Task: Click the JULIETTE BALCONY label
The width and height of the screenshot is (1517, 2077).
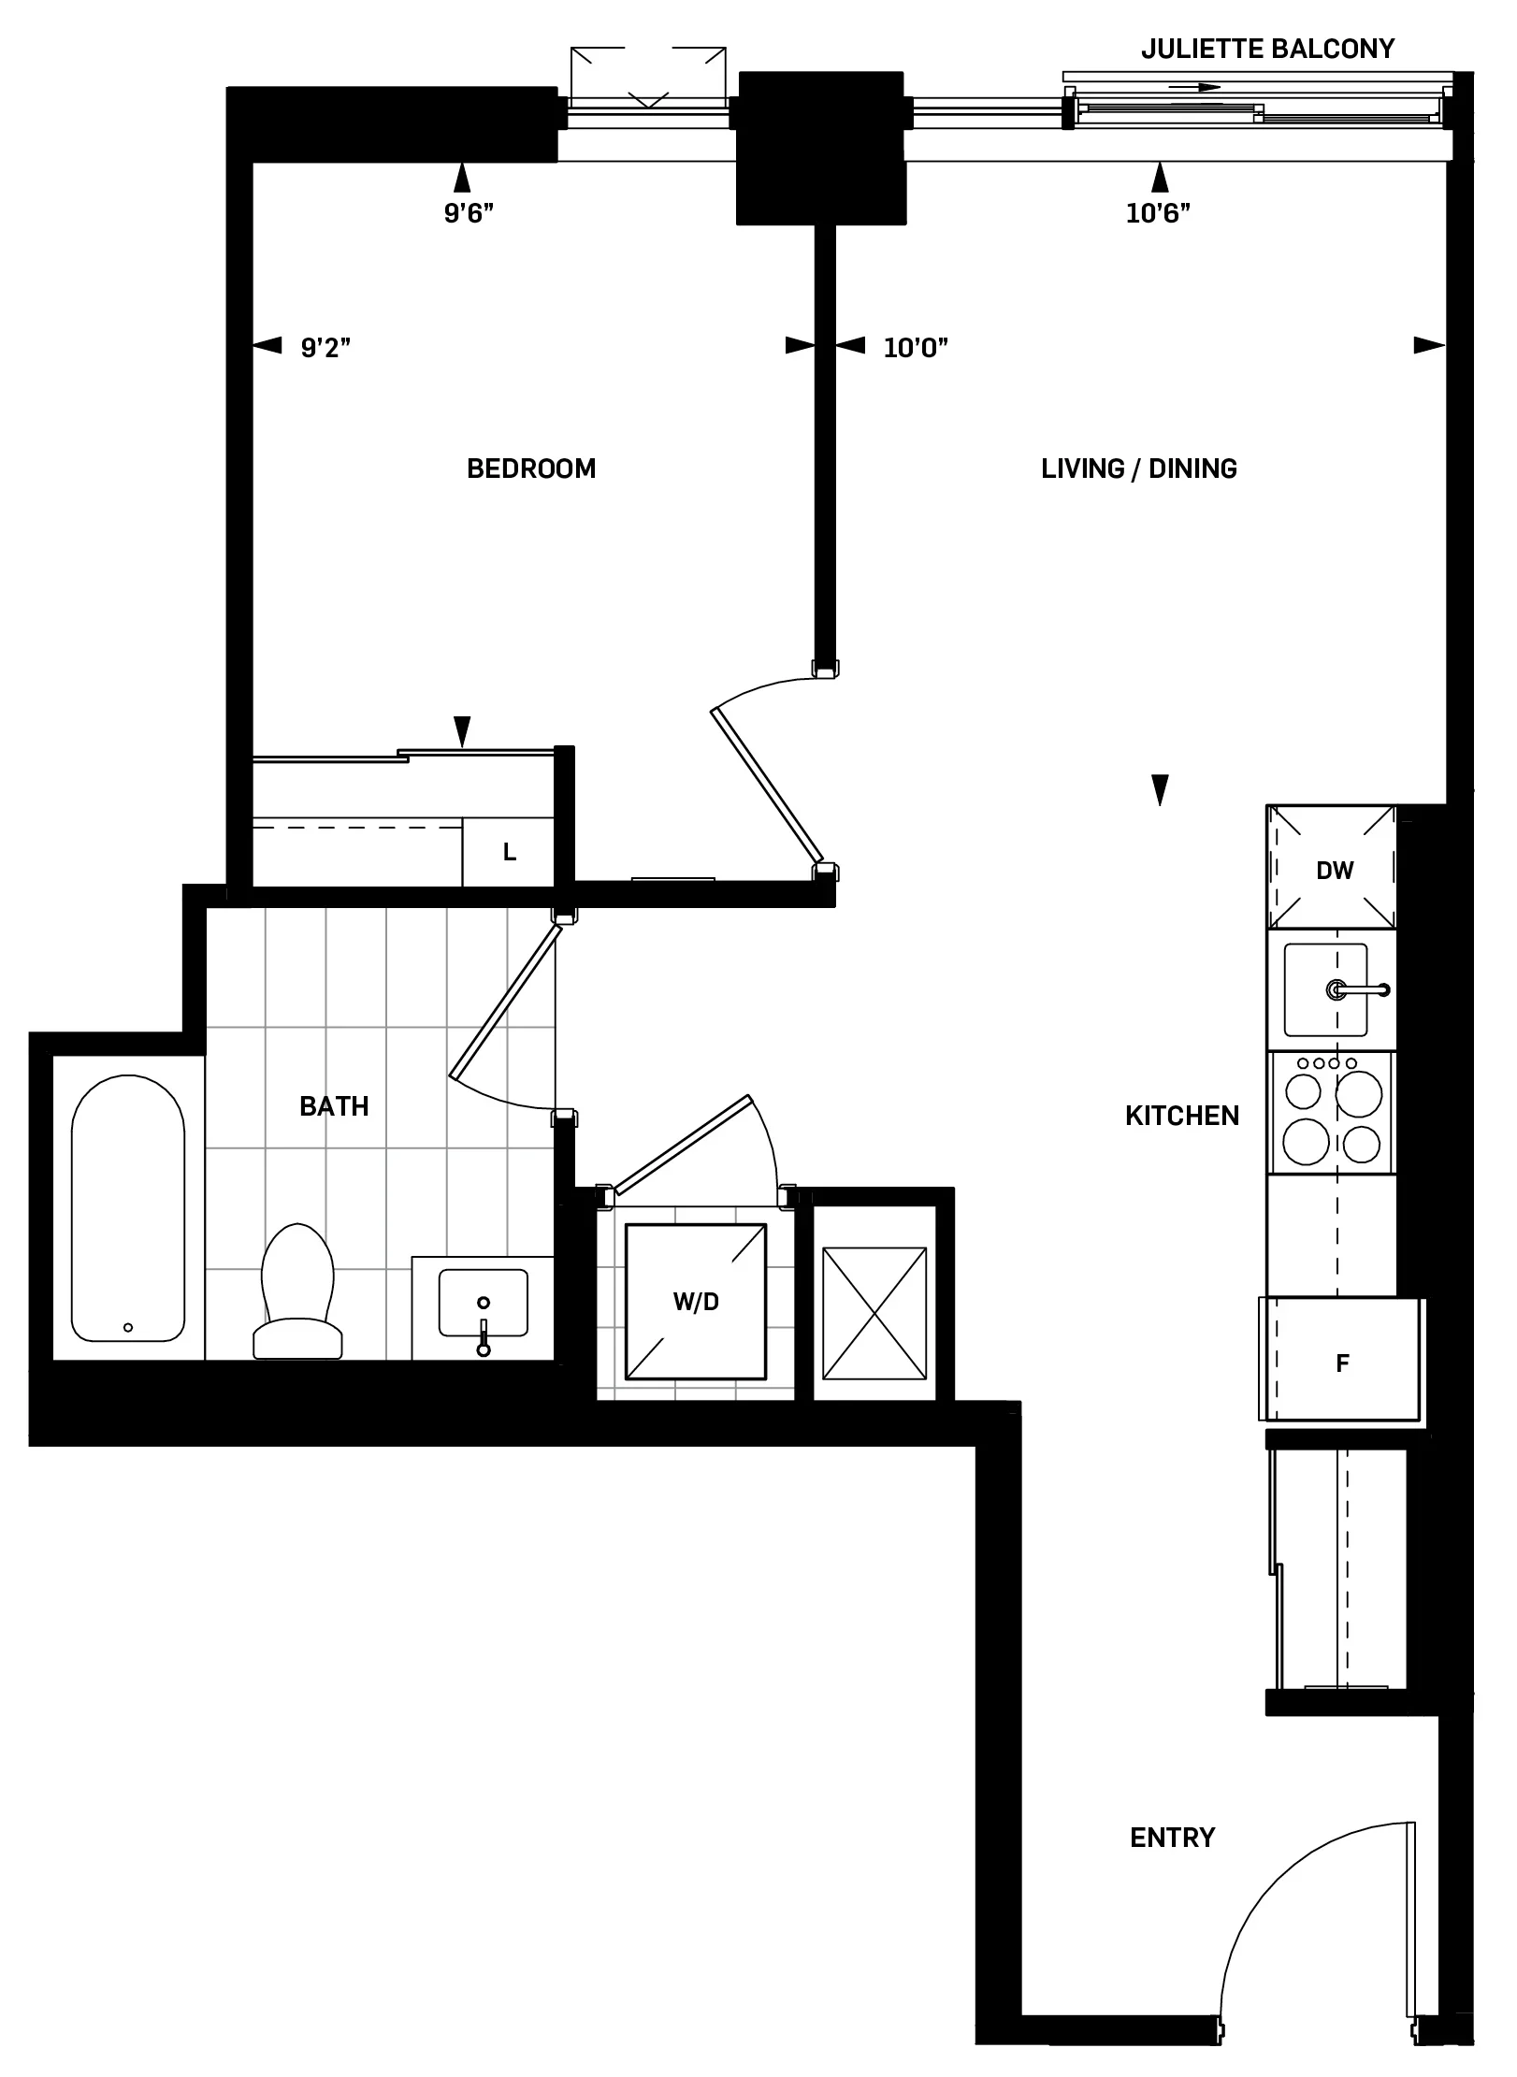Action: tap(1267, 49)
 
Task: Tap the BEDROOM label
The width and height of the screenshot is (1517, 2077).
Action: tap(531, 469)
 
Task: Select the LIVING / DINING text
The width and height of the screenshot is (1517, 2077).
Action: tap(1138, 469)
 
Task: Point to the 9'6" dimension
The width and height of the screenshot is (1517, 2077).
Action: tap(469, 214)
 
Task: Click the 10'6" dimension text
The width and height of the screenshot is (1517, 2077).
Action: tap(1158, 214)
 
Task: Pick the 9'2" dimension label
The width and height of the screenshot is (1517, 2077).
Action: tap(325, 348)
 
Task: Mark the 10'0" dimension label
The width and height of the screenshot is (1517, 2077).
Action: tap(916, 348)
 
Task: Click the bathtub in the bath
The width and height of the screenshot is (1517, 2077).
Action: tap(128, 1207)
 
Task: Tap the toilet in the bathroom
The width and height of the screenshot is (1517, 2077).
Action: tap(297, 1291)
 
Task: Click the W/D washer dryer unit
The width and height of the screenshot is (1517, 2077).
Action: tap(696, 1301)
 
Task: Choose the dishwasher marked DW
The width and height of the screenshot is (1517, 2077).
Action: tap(1334, 869)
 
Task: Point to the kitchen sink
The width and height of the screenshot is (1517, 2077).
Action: tap(1325, 989)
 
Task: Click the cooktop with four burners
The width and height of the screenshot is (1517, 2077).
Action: tap(1332, 1113)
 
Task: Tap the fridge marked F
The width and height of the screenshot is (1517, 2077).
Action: tap(1342, 1363)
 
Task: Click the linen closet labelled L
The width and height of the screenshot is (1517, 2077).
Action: tap(509, 852)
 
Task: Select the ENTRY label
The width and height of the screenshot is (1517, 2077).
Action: tap(1172, 1838)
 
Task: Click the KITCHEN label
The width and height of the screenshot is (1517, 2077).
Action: tap(1181, 1116)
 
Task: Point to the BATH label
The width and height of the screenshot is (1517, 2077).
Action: tap(334, 1106)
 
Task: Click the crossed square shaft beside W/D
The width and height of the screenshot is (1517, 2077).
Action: tap(874, 1312)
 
